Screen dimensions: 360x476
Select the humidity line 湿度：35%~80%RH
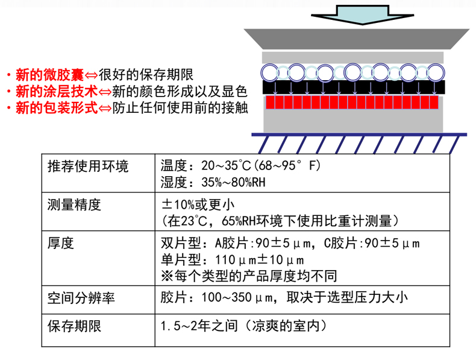coord(214,182)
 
